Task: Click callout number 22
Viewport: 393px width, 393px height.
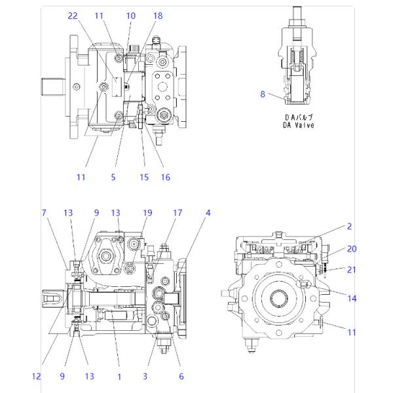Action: click(73, 16)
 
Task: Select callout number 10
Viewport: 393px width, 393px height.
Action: click(130, 16)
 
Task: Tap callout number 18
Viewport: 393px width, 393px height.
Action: click(158, 16)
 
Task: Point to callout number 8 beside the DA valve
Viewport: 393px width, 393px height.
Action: click(263, 94)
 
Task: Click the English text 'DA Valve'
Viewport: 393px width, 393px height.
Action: click(298, 125)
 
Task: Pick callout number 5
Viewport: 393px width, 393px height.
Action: click(113, 178)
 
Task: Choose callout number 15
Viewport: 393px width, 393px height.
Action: click(144, 178)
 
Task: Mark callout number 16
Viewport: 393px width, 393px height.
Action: click(166, 178)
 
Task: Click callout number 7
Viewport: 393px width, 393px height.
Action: click(44, 213)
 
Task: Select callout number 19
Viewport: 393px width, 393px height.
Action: click(147, 213)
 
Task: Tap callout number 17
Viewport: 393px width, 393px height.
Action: click(178, 213)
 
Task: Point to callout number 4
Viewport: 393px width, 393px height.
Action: click(208, 213)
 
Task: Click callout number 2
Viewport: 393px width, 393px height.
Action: click(349, 227)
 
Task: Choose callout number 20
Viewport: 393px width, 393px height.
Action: click(352, 249)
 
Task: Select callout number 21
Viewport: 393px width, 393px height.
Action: click(351, 270)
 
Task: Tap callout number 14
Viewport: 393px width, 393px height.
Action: click(352, 298)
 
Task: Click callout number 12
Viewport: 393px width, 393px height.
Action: click(36, 376)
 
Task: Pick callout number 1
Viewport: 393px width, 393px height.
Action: click(119, 377)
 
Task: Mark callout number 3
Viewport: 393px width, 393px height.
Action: click(145, 376)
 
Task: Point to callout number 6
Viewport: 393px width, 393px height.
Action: click(181, 376)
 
